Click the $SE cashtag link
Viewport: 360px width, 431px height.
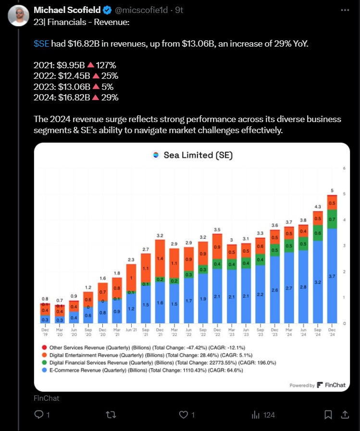[x=41, y=44]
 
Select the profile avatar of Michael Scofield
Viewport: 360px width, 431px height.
[x=18, y=17]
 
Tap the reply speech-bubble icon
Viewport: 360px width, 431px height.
[x=39, y=414]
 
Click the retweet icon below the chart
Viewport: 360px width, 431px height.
[x=111, y=414]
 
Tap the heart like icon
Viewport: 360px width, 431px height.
[x=183, y=414]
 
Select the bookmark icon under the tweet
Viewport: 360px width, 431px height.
[x=328, y=414]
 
